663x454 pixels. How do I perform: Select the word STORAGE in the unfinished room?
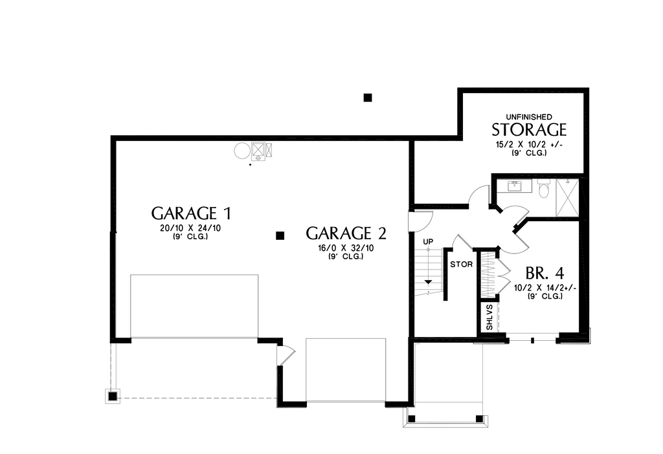pyautogui.click(x=529, y=129)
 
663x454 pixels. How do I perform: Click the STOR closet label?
pyautogui.click(x=461, y=265)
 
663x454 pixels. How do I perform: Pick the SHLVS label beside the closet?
pyautogui.click(x=489, y=317)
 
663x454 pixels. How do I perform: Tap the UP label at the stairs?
pyautogui.click(x=427, y=242)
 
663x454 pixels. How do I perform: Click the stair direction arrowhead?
pyautogui.click(x=427, y=283)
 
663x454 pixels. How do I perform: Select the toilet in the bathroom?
pyautogui.click(x=543, y=188)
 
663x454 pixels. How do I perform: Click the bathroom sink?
pyautogui.click(x=515, y=186)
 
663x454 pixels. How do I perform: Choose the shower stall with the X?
pyautogui.click(x=568, y=198)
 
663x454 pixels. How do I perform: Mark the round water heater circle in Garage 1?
pyautogui.click(x=242, y=151)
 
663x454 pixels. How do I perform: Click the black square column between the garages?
pyautogui.click(x=280, y=235)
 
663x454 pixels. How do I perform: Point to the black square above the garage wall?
pyautogui.click(x=367, y=98)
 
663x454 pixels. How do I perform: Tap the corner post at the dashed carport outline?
pyautogui.click(x=113, y=396)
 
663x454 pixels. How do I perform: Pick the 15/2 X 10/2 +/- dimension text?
pyautogui.click(x=529, y=144)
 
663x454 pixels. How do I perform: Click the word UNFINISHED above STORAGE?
pyautogui.click(x=529, y=116)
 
